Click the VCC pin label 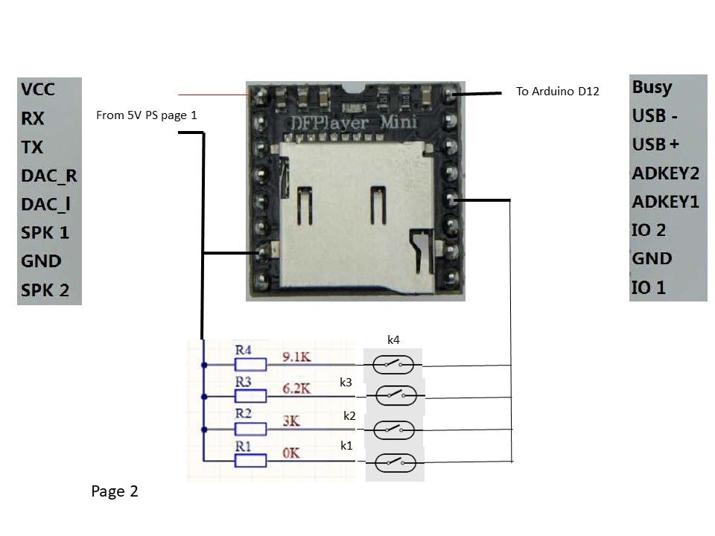pyautogui.click(x=38, y=89)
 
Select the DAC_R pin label pyautogui.click(x=49, y=176)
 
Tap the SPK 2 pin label pyautogui.click(x=45, y=290)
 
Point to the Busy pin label pyautogui.click(x=652, y=86)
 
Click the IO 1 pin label pyautogui.click(x=648, y=287)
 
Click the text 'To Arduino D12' pyautogui.click(x=557, y=92)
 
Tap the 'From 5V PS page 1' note pyautogui.click(x=147, y=115)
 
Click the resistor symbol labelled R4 pyautogui.click(x=250, y=364)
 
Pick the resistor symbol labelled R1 pyautogui.click(x=250, y=461)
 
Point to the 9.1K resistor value pyautogui.click(x=296, y=357)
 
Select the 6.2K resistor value pyautogui.click(x=296, y=389)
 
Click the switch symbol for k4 pyautogui.click(x=393, y=365)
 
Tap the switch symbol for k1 pyautogui.click(x=394, y=463)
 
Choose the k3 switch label pyautogui.click(x=346, y=383)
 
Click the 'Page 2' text pyautogui.click(x=115, y=491)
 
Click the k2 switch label pyautogui.click(x=349, y=415)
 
